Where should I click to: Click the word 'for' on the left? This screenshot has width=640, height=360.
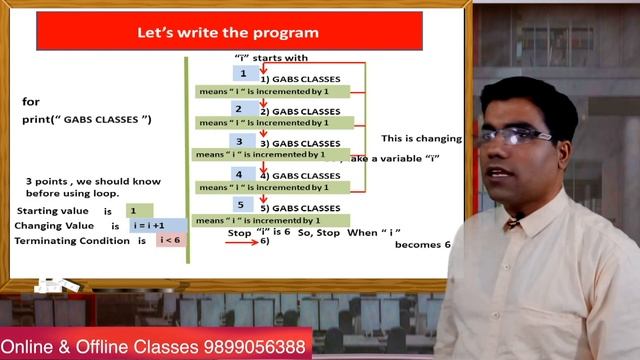(x=30, y=102)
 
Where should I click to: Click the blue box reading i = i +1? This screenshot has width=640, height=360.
(x=158, y=226)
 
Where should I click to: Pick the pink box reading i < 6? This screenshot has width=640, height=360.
(x=171, y=241)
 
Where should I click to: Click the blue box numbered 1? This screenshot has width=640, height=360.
(x=243, y=74)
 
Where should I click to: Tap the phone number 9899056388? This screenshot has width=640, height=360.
(x=250, y=345)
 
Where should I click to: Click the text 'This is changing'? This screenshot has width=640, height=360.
(x=421, y=138)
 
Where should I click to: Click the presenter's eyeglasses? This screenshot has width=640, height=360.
(x=513, y=135)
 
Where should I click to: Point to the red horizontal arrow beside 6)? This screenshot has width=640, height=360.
(x=240, y=242)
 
